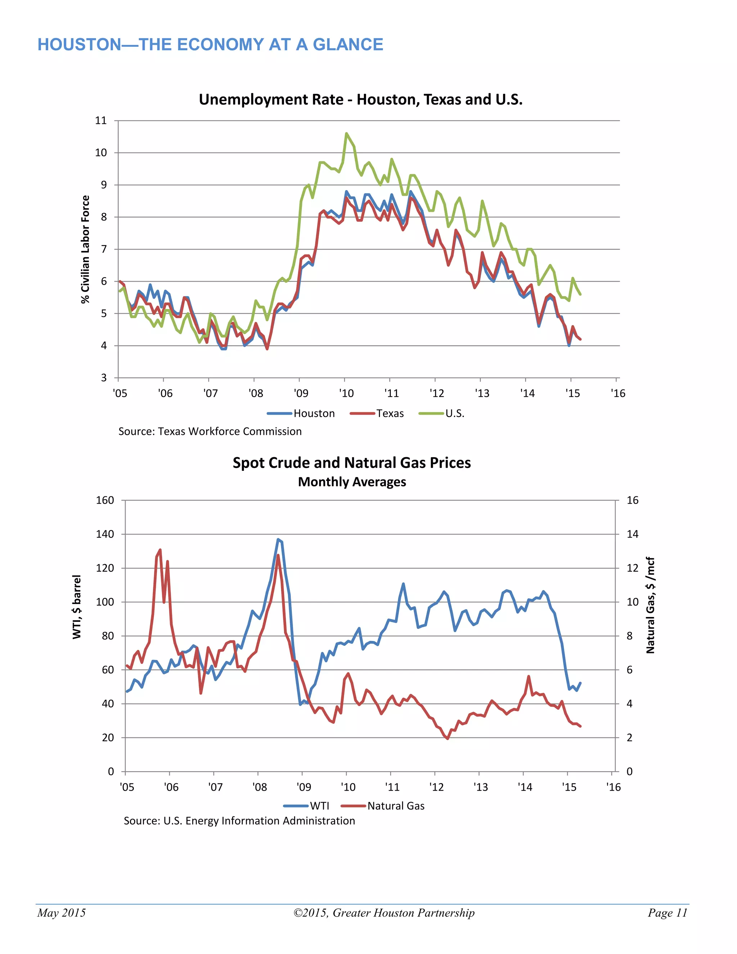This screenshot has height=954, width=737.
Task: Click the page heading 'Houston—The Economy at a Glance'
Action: (x=210, y=45)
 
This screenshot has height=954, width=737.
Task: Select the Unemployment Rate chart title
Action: (x=360, y=100)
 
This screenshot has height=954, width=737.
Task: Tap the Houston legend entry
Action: (x=313, y=413)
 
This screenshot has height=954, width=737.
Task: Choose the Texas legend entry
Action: (x=389, y=413)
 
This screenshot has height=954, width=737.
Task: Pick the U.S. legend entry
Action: (x=454, y=413)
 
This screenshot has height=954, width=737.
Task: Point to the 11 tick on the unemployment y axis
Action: (x=101, y=121)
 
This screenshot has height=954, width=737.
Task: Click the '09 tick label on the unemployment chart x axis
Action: (x=301, y=393)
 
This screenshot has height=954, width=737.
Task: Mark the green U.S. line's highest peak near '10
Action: (x=346, y=133)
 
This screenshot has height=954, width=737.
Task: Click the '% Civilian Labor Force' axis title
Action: (x=85, y=249)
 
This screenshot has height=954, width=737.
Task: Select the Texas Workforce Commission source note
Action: (x=210, y=432)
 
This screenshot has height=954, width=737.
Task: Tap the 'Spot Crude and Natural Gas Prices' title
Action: (x=352, y=463)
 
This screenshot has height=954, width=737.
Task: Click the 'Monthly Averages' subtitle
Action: (x=352, y=482)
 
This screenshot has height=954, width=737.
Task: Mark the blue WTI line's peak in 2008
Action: (x=278, y=540)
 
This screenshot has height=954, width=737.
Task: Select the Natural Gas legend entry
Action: (x=395, y=806)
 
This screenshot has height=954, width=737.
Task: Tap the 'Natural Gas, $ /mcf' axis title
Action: (x=650, y=605)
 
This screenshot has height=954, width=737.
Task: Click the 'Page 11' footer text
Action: (x=667, y=913)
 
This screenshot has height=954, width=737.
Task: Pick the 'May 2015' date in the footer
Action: (x=62, y=913)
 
